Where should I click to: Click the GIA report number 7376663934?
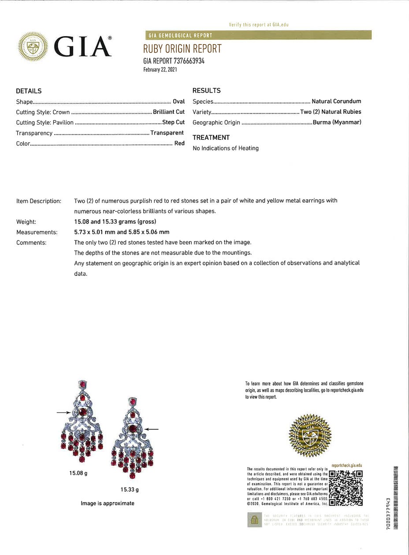coord(174,61)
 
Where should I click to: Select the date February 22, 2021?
coord(160,70)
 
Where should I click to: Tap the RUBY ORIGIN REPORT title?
coord(182,49)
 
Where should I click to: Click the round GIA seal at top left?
coord(33,46)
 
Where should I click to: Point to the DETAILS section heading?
coord(29,91)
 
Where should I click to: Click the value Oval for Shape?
coord(178,101)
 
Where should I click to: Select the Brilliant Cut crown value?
coord(168,112)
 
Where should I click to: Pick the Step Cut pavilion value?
coord(173,122)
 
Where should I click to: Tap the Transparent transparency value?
coord(167,133)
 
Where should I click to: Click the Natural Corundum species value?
coord(336,101)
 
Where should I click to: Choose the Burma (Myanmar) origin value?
coord(337,122)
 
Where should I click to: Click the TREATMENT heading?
coord(211,138)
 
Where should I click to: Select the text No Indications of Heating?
coord(226,148)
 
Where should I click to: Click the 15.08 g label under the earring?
coord(78,473)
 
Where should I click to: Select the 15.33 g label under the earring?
coord(130,489)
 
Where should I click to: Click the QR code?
coord(346,488)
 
